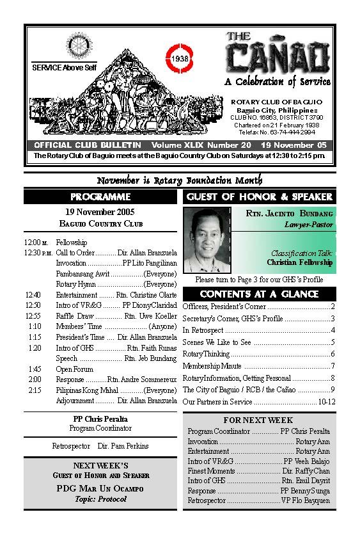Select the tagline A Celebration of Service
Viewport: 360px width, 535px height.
tap(278, 82)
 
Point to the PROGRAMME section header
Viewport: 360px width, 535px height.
tap(100, 196)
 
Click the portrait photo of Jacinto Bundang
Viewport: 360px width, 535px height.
tap(211, 241)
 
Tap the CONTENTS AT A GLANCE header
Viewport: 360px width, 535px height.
tap(259, 294)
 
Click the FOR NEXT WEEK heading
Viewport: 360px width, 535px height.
tap(258, 420)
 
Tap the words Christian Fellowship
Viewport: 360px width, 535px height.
tap(300, 262)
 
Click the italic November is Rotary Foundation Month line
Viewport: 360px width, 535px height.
tap(180, 180)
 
